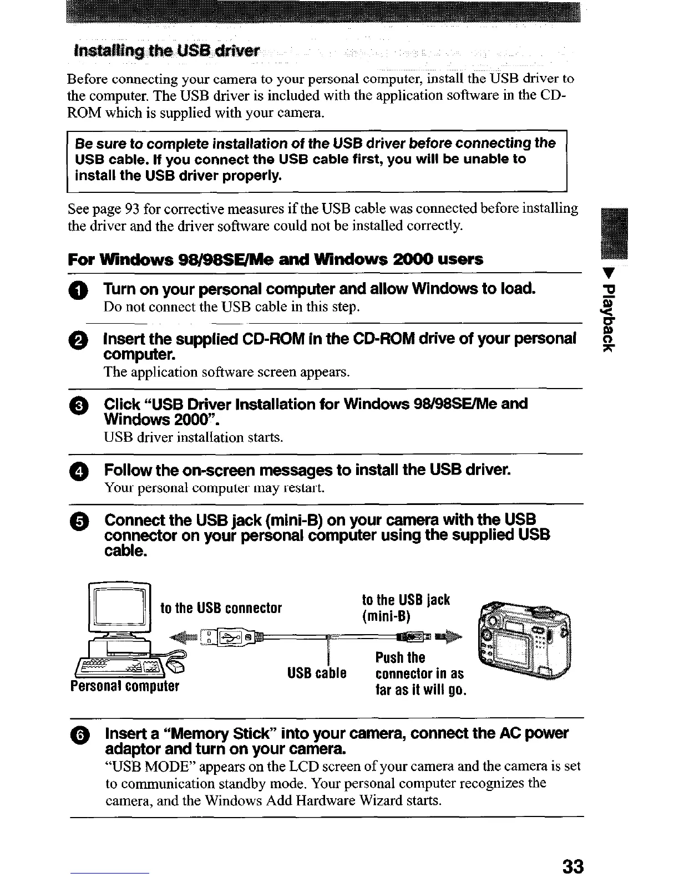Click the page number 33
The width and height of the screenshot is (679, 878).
click(572, 865)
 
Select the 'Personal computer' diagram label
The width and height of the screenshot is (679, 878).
click(125, 686)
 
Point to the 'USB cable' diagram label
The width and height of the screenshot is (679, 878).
click(317, 673)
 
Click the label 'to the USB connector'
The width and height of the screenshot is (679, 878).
click(221, 608)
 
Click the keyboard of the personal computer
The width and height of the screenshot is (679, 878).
click(116, 664)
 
